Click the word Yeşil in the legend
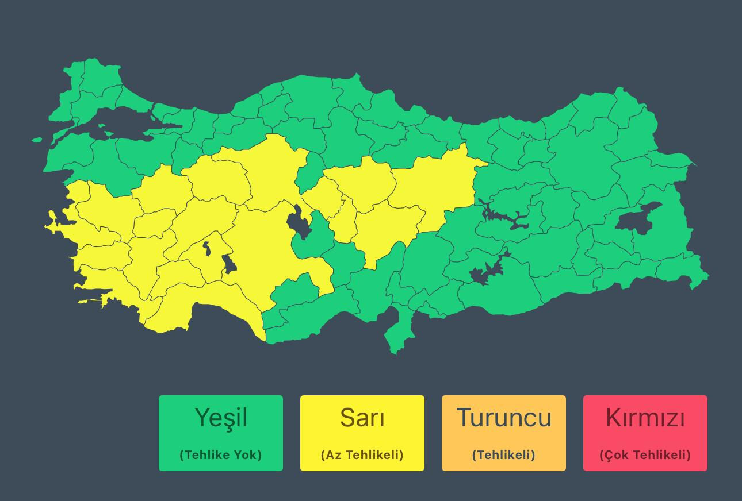tap(221, 418)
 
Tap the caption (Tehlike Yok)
tap(221, 455)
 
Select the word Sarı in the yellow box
tap(362, 418)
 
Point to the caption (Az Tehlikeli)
tap(362, 455)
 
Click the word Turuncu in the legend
tap(504, 418)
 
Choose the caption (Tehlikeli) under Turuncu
tap(504, 455)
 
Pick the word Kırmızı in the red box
tap(645, 418)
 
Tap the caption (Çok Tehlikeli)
tap(645, 455)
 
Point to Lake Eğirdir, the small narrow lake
tap(206, 248)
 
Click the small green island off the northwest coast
tap(37, 140)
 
